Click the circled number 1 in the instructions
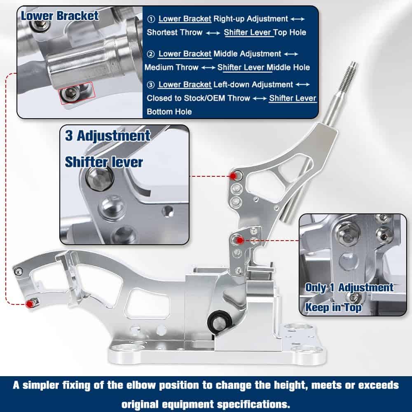151,19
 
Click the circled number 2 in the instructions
150,54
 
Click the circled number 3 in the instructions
150,85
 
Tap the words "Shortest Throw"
174,32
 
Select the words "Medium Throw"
171,67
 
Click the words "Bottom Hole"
169,112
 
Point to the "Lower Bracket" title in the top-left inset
60,16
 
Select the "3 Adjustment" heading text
108,136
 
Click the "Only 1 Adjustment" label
349,287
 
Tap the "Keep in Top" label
333,307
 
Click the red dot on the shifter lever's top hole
233,176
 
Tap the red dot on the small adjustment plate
240,240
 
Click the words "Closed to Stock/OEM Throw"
199,98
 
